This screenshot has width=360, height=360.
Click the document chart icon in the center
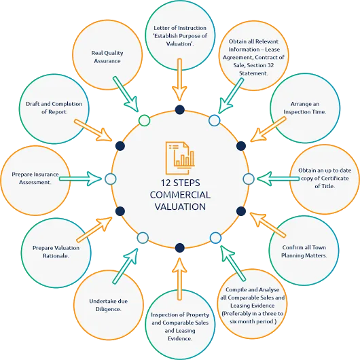(180, 158)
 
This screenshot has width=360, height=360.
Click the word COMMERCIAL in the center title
(180, 195)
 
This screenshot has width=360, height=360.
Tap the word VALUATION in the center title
(180, 206)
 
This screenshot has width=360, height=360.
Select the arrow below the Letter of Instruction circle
(179, 79)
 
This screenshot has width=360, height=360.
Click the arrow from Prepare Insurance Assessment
(80, 179)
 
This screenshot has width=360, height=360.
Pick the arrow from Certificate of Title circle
(278, 179)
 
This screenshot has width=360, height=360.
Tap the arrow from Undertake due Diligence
(126, 266)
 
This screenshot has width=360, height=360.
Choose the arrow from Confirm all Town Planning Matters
(268, 225)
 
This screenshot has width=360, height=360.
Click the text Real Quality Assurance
(107, 57)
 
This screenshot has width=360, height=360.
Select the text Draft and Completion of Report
(54, 108)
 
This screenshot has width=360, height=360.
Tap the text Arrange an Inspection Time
(305, 108)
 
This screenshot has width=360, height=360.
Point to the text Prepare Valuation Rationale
(56, 252)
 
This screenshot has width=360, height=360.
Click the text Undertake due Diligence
(109, 305)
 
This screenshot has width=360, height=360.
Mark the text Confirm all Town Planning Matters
(304, 251)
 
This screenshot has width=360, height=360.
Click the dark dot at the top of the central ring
(180, 110)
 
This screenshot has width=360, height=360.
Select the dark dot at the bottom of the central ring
(180, 248)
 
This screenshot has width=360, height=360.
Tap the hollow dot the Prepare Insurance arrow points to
(111, 179)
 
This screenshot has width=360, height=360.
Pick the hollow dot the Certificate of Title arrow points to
(249, 179)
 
